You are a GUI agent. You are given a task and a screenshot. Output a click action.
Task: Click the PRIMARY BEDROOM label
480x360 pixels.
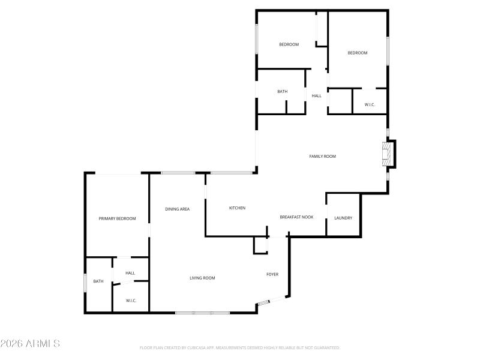pos(117,218)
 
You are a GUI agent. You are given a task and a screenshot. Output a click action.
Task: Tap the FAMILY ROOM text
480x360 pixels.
pos(322,156)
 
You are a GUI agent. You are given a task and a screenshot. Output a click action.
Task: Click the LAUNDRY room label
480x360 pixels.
pos(343,218)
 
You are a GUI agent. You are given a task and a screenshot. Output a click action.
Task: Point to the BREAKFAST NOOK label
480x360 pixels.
pos(296,217)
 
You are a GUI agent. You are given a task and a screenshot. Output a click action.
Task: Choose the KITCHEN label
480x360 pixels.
pos(237,208)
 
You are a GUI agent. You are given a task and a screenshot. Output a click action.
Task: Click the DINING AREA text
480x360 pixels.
pos(178,209)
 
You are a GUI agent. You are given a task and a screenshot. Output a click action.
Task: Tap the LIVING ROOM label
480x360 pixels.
pos(202,278)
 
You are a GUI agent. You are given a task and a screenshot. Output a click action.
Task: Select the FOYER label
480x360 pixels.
pos(272,274)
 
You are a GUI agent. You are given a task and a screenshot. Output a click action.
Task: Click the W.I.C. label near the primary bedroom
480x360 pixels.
pos(131,300)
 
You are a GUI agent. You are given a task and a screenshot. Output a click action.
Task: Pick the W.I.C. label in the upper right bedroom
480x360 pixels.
pos(370,105)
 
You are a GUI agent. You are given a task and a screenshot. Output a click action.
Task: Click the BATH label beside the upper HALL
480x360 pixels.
pos(282,91)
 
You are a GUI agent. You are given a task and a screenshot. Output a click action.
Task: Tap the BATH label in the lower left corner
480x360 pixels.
pos(98,281)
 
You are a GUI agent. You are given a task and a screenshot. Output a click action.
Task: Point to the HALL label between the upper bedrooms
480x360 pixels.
pos(316,95)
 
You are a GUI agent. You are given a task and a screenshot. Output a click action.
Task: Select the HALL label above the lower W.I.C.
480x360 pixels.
pos(130,273)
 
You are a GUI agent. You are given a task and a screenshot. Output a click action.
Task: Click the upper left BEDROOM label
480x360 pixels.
pos(289,44)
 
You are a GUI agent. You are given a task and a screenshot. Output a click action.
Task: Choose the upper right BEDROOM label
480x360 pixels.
pos(358,53)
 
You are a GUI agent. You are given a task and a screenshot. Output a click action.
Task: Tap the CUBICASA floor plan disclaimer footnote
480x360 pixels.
pos(239,347)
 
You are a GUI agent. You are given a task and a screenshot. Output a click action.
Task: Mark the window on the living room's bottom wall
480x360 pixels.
pos(202,313)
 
